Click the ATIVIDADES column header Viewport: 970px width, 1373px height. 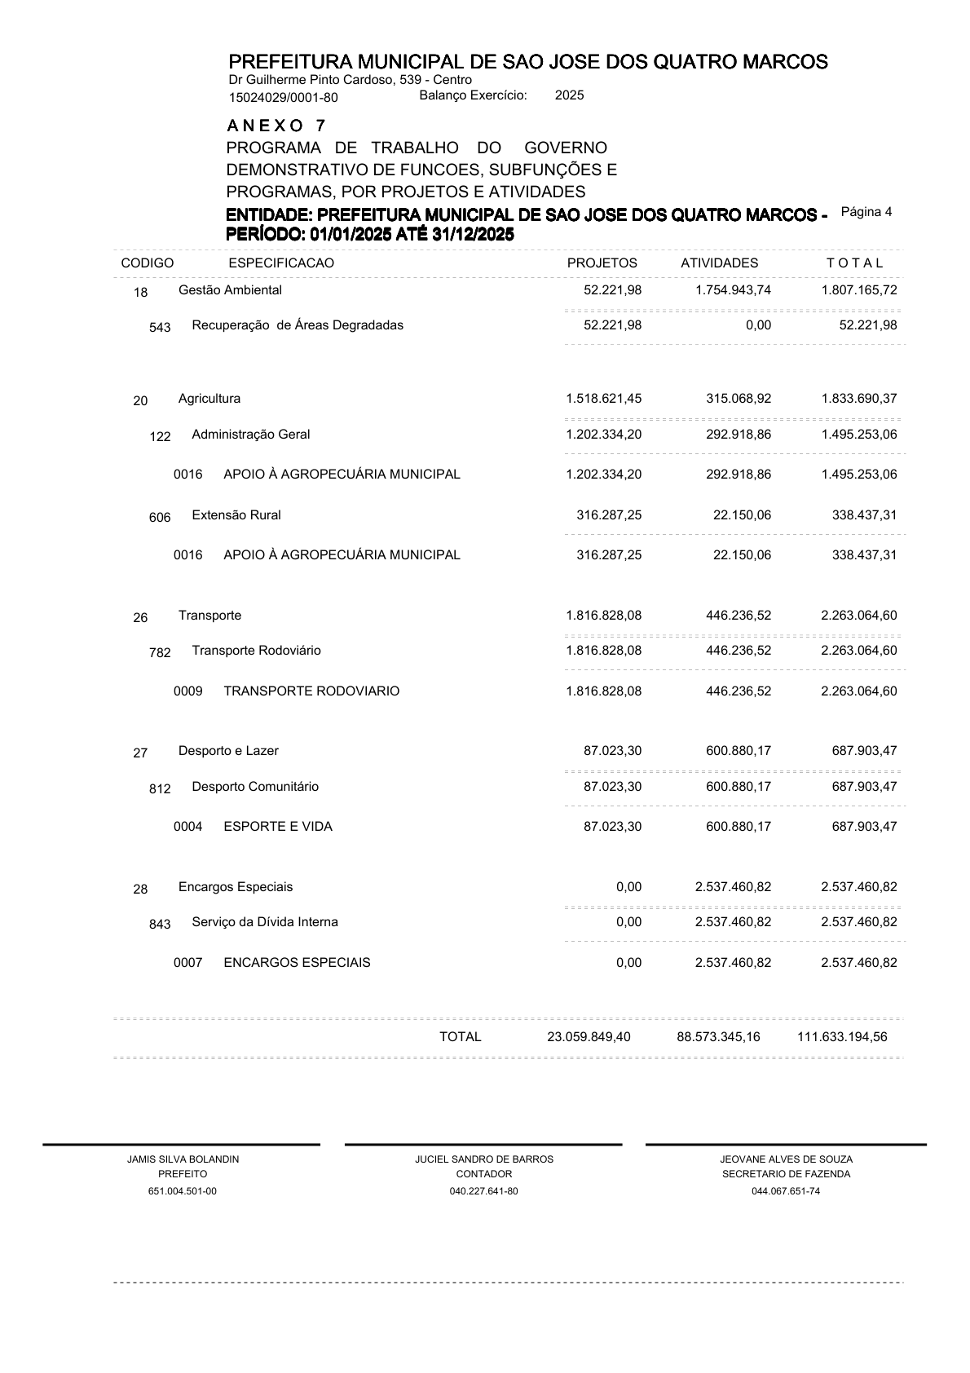pos(719,263)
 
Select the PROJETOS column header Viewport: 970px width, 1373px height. pos(602,263)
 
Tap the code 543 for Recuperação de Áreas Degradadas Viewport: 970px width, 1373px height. pos(161,327)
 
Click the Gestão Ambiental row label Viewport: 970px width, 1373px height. pos(230,290)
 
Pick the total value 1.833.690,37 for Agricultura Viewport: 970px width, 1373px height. pos(859,399)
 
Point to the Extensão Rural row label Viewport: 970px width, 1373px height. pos(236,515)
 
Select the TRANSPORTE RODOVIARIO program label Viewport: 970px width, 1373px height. pos(311,691)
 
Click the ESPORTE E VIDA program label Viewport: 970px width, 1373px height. pos(278,827)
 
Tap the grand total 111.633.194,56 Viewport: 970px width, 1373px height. pos(842,1037)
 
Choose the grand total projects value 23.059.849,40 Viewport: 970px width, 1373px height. pos(589,1037)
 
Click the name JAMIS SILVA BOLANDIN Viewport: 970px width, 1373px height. pos(183,1159)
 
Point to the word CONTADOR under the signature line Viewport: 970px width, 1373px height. pos(484,1174)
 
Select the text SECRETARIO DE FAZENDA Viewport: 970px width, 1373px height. pos(786,1174)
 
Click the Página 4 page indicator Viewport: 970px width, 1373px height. pos(866,212)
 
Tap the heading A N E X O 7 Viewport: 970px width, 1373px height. pos(276,126)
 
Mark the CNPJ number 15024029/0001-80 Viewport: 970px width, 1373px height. pos(283,98)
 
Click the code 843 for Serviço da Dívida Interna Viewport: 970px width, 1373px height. pos(161,924)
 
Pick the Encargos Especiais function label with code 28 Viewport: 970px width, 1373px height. pos(236,887)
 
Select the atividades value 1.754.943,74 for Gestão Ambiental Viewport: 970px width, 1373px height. pos(733,290)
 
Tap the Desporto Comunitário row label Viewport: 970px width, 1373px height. pos(255,787)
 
